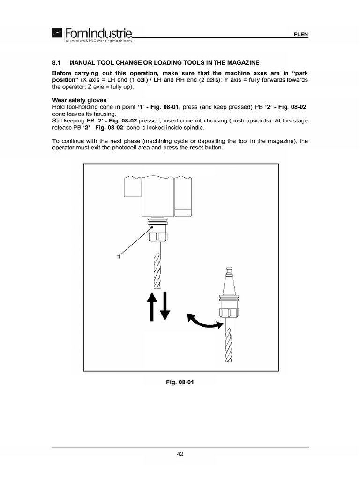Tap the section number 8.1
[x=56, y=62]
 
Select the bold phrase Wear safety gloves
[x=79, y=100]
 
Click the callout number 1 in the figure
[x=119, y=256]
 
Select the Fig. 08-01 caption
[x=180, y=382]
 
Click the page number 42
[x=180, y=453]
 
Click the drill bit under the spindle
[x=157, y=267]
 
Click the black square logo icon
[x=57, y=34]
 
